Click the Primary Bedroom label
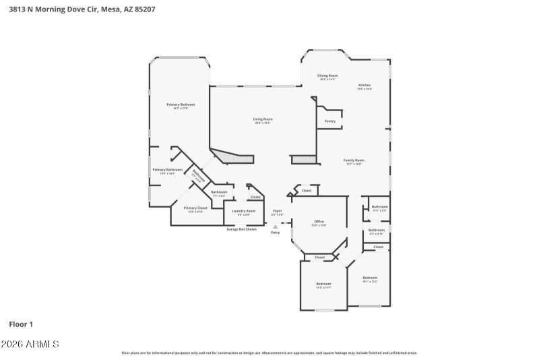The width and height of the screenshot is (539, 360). click(181, 104)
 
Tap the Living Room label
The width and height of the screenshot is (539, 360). click(263, 119)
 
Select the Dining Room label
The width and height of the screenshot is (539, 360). click(328, 76)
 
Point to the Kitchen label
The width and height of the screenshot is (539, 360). click(364, 85)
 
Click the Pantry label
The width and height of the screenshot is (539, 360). click(330, 121)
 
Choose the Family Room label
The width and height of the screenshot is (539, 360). click(354, 160)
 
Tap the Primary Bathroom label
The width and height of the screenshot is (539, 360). click(167, 170)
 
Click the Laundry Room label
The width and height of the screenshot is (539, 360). click(243, 212)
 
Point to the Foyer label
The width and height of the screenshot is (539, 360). click(277, 211)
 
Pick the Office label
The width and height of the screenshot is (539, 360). click(319, 222)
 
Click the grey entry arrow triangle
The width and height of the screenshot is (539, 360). click(275, 227)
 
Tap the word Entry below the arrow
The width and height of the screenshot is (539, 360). click(275, 233)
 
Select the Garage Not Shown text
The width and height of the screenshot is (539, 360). click(241, 229)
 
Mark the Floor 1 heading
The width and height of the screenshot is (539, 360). click(21, 324)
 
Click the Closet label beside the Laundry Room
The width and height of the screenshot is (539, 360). click(255, 197)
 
